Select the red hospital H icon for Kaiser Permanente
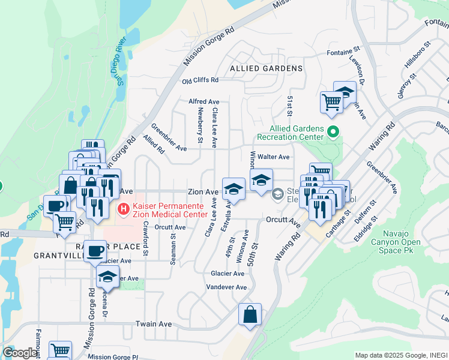[123, 209]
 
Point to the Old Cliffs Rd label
[200, 80]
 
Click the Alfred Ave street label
[204, 102]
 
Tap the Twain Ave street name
[154, 324]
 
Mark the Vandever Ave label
[226, 287]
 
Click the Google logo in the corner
[19, 353]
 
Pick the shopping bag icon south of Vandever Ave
[250, 315]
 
